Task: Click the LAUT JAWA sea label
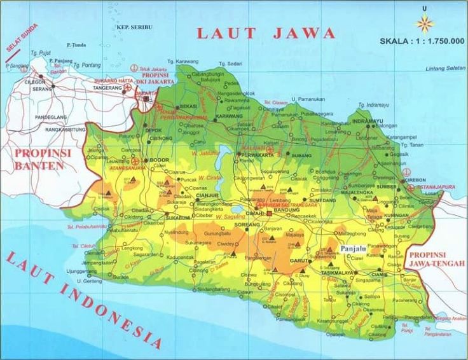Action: coord(265,33)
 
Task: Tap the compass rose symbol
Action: coord(424,24)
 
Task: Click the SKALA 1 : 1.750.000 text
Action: coord(422,42)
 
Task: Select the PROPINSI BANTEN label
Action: coord(39,160)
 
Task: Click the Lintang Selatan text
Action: coord(446,68)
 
